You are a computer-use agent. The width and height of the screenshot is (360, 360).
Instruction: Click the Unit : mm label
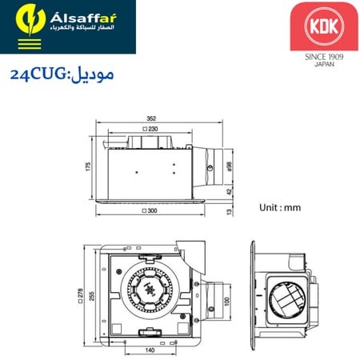[279, 207]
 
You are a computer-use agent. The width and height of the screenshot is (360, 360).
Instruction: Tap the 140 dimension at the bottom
[150, 350]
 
